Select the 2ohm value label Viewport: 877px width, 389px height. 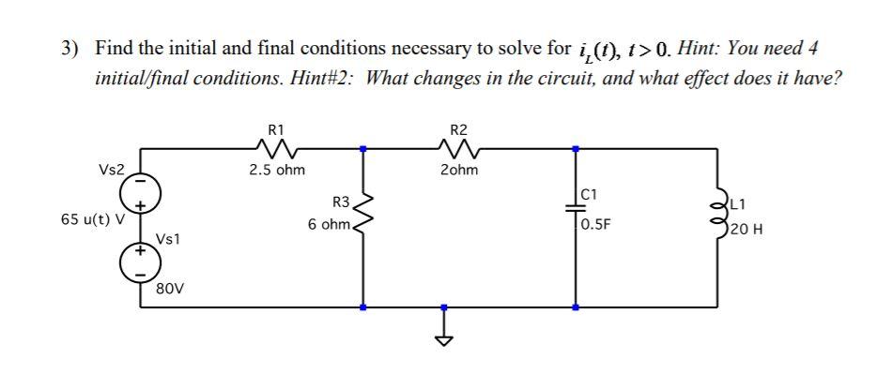[x=459, y=171]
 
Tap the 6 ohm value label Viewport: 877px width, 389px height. [x=330, y=225]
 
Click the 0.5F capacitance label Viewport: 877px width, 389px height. [x=597, y=225]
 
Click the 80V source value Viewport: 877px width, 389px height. [x=169, y=287]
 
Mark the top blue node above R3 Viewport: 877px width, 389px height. [x=362, y=147]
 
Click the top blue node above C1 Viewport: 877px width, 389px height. [x=576, y=147]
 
